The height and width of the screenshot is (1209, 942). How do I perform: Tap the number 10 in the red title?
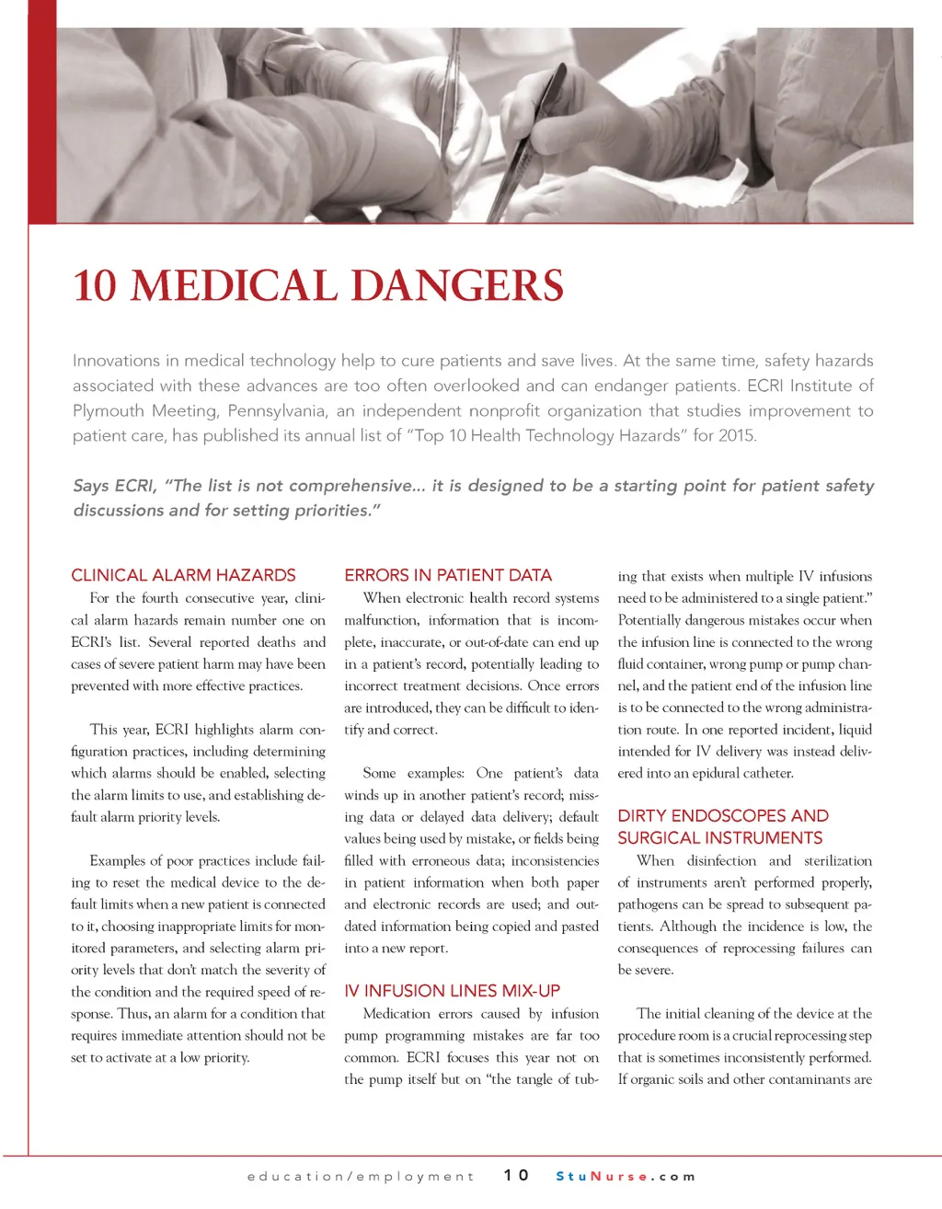click(95, 286)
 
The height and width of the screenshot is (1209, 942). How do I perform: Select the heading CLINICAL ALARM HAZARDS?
click(183, 576)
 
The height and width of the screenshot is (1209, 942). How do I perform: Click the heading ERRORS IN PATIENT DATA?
click(448, 576)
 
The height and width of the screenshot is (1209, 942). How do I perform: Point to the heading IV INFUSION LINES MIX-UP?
click(452, 991)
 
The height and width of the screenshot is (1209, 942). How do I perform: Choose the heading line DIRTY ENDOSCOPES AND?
click(723, 816)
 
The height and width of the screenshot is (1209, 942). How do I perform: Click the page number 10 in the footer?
click(516, 1175)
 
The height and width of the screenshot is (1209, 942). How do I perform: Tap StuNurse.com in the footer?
click(626, 1176)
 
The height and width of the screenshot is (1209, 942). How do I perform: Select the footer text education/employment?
click(361, 1176)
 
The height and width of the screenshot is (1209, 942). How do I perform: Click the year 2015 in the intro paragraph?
click(736, 435)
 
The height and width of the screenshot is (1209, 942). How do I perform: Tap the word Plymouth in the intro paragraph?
click(109, 410)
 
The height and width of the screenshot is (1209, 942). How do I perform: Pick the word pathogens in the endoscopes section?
click(649, 904)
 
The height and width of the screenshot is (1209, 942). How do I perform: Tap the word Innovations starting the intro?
click(116, 361)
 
